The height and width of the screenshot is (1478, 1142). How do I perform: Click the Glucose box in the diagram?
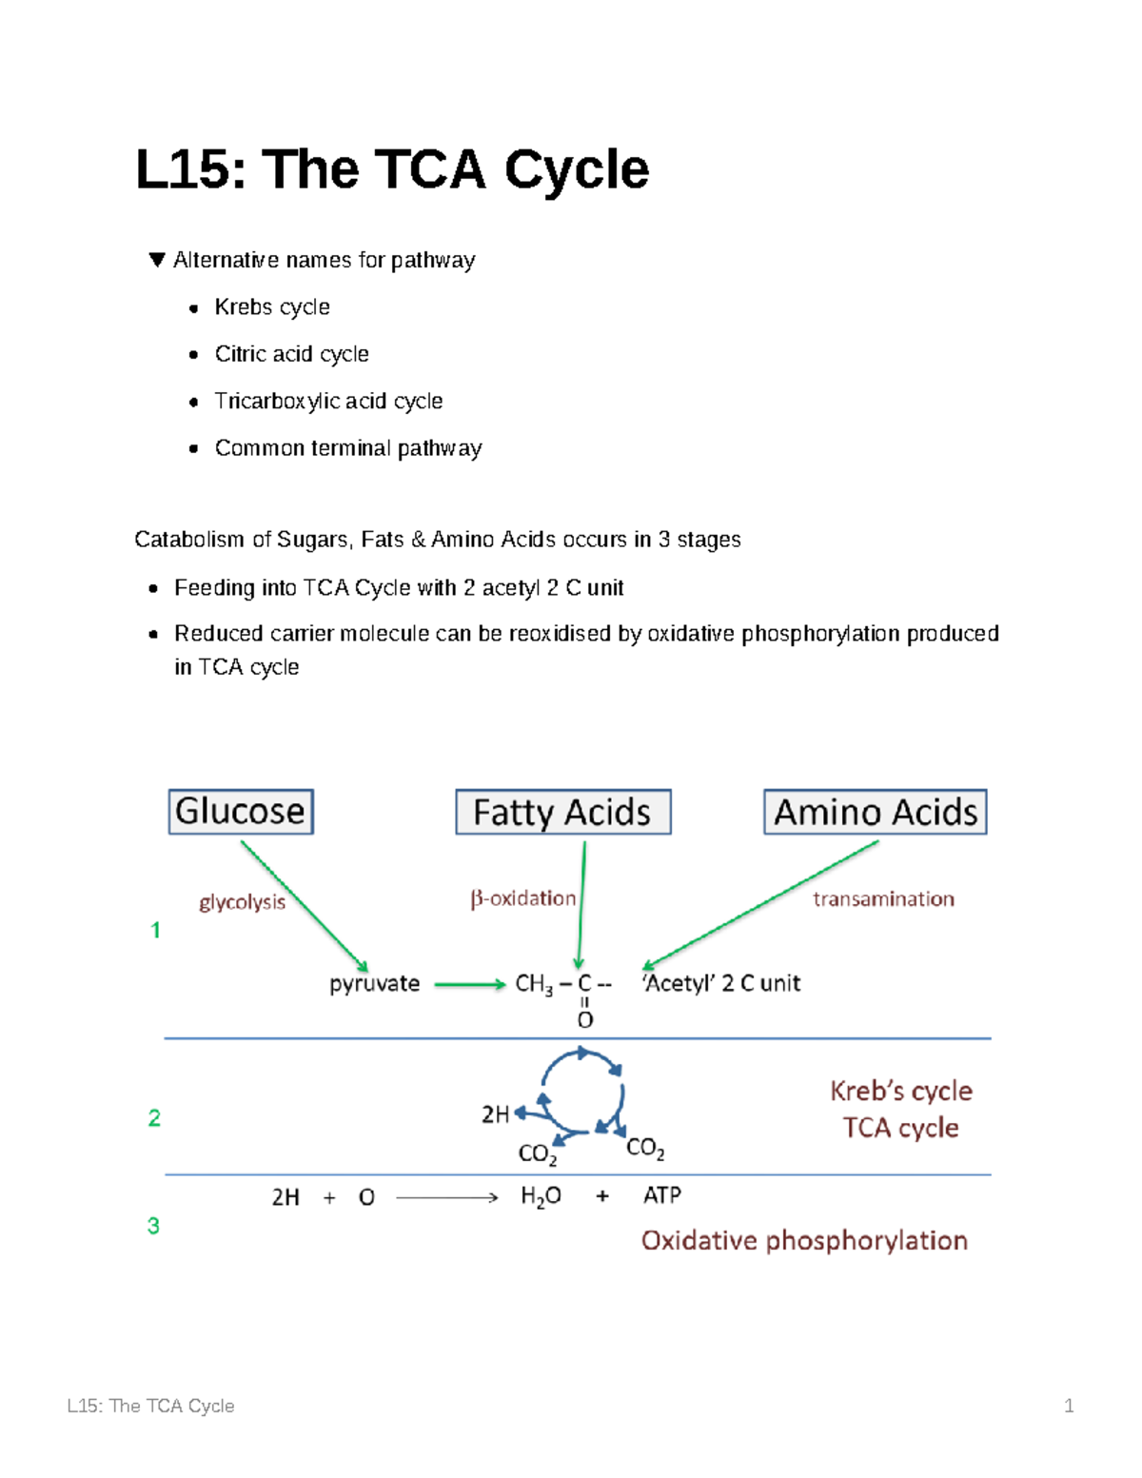241,812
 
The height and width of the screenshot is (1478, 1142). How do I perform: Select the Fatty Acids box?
562,813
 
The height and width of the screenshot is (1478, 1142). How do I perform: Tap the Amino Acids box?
875,813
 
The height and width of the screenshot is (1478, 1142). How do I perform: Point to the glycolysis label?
242,901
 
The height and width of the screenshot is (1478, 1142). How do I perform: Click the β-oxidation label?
523,898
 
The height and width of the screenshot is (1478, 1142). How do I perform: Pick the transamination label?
883,899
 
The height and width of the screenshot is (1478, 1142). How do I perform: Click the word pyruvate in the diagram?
374,983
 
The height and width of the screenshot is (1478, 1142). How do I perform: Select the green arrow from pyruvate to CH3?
469,985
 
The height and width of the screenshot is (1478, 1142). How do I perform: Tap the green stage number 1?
155,930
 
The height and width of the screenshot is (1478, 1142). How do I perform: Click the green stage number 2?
154,1117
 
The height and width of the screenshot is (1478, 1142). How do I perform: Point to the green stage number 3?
153,1226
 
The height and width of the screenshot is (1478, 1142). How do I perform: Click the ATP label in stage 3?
662,1195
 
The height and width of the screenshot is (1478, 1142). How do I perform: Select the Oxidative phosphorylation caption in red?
804,1240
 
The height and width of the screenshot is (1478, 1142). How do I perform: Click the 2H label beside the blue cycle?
495,1114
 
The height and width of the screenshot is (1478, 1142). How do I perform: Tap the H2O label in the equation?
541,1196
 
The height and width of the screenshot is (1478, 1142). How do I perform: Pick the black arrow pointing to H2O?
446,1197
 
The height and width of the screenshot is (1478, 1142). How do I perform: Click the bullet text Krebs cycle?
272,307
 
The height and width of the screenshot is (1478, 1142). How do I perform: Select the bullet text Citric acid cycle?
291,354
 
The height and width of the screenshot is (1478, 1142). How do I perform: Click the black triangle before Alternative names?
158,260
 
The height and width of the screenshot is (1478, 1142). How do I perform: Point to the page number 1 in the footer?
1069,1406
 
